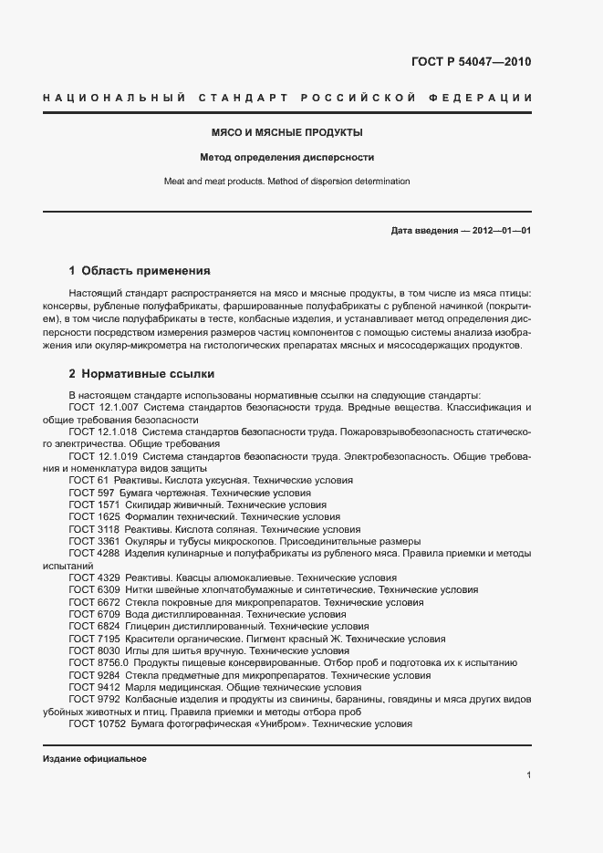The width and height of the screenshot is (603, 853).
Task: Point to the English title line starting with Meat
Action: [x=286, y=181]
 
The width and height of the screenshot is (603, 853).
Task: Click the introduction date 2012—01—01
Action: [x=500, y=231]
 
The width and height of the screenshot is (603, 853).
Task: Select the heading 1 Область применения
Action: [x=140, y=271]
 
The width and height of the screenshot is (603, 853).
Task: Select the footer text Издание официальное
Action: [x=94, y=759]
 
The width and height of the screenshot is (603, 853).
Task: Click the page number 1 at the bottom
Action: [x=528, y=775]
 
